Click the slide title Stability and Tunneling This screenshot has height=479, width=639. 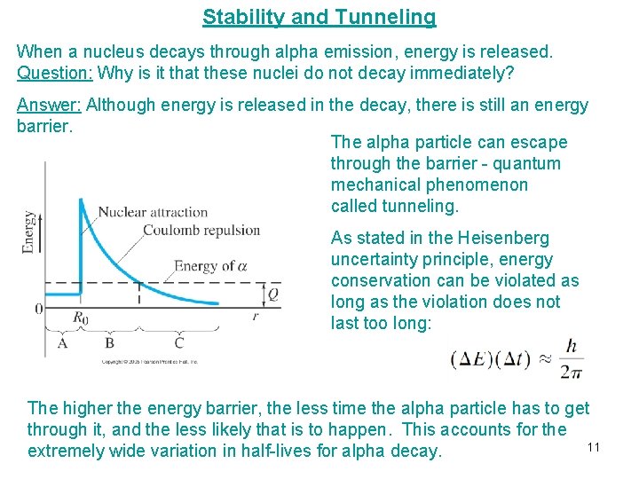point(319,17)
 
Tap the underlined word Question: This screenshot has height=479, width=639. point(55,73)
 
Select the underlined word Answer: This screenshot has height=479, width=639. point(49,106)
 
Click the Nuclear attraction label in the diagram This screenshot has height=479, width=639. point(153,212)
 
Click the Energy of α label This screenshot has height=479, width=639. point(210,265)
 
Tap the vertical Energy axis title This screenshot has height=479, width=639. point(30,232)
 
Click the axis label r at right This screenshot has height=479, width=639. point(256,315)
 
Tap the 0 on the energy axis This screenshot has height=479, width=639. point(38,309)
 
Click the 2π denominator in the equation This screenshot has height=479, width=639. point(572,371)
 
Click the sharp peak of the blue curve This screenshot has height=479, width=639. point(81,200)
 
